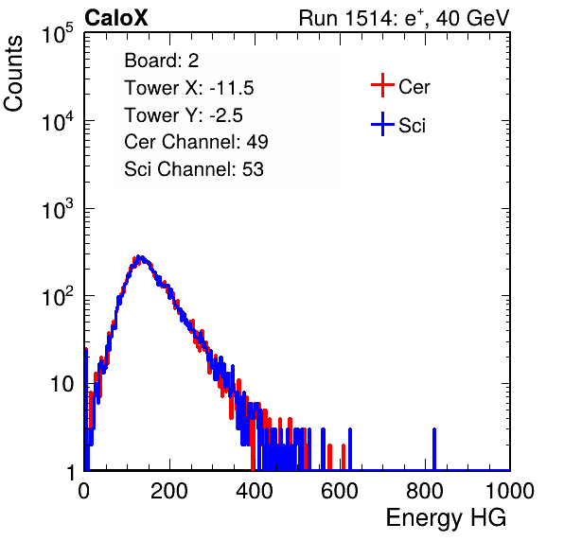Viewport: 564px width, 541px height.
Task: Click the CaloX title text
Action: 115,18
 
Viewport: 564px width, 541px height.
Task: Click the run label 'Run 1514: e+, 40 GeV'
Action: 404,18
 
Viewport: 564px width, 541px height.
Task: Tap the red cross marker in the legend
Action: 382,85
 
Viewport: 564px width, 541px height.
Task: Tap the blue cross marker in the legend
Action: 382,124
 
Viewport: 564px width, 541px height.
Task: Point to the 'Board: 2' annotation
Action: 162,61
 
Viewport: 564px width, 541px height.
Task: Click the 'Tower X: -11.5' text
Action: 189,88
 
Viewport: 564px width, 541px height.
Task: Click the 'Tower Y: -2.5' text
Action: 184,115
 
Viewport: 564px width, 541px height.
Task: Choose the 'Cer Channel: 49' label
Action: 196,142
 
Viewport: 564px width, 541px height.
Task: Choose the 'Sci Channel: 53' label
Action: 194,169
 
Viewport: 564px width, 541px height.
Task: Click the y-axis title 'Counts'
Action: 13,74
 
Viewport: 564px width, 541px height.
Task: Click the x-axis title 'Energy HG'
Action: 446,518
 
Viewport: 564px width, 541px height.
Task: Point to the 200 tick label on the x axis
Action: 169,491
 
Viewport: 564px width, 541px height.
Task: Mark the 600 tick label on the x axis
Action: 340,491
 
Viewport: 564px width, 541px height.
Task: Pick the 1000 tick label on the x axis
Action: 510,491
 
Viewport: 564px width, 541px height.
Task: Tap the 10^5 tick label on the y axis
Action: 57,33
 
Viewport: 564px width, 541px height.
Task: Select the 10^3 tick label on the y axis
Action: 57,208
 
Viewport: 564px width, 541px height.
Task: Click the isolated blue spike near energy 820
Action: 434,449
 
